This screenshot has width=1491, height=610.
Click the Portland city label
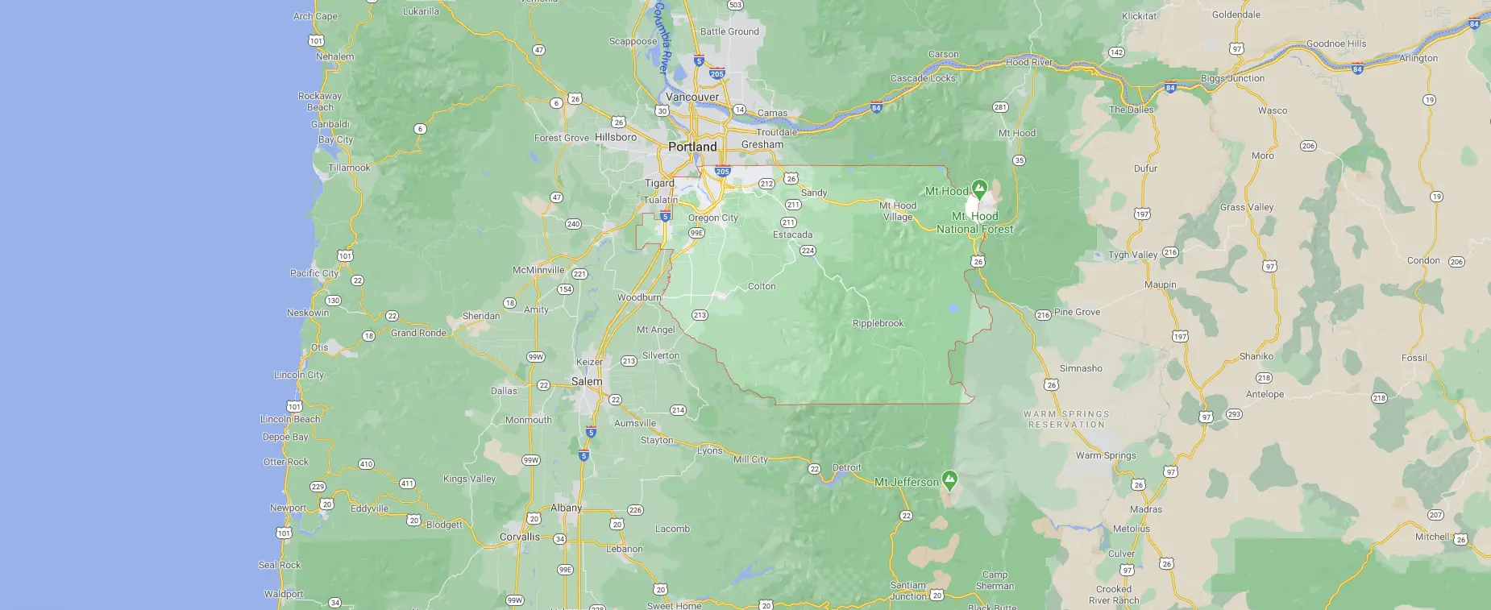pos(692,147)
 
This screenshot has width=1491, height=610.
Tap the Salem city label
pos(587,381)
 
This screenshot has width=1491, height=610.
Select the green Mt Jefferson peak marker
pos(950,480)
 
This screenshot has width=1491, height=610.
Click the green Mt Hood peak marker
pos(979,189)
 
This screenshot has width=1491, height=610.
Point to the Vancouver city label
pos(692,97)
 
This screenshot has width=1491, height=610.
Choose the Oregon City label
pos(712,218)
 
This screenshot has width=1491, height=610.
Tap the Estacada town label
pos(792,234)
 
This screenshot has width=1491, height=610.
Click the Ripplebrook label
pos(878,323)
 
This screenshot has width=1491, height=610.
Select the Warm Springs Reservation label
pos(1066,419)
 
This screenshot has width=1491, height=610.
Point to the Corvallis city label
pos(520,537)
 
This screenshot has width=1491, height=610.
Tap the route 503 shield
pos(735,5)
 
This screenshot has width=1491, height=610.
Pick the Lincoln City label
pos(299,375)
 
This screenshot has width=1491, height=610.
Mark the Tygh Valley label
pos(1132,255)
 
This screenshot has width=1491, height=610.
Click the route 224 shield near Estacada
pos(808,251)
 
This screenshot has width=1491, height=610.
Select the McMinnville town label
pos(538,270)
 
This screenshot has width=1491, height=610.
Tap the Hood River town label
pos(1029,62)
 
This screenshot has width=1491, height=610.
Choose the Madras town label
pos(1145,509)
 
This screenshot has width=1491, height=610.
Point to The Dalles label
pos(1131,110)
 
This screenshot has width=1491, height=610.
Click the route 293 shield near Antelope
pos(1234,414)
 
